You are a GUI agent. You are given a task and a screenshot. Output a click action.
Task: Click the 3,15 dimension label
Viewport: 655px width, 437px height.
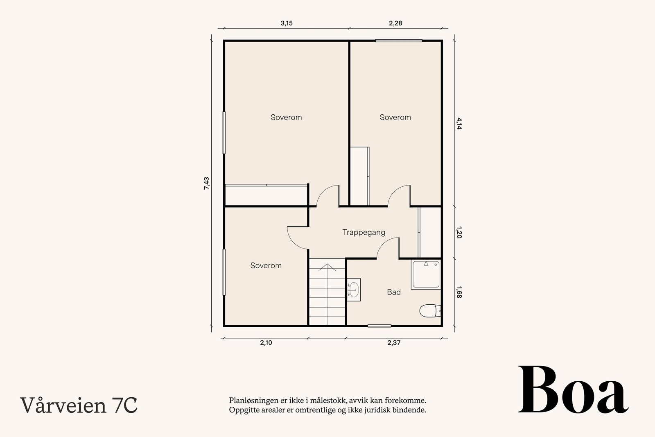(287, 23)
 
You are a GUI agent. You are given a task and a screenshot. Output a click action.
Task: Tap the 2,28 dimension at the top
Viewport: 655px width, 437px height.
(395, 23)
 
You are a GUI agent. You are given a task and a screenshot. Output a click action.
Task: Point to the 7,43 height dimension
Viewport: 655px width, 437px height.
(206, 183)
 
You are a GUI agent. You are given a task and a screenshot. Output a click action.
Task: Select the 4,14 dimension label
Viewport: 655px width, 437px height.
(459, 123)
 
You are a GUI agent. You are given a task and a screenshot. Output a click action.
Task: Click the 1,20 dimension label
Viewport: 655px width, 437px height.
(459, 232)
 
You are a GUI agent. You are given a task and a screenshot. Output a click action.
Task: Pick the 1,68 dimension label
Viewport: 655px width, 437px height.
(459, 292)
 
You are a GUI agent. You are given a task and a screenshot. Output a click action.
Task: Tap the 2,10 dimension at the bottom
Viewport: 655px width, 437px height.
(266, 342)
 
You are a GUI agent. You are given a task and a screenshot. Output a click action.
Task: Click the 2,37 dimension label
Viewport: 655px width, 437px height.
(394, 342)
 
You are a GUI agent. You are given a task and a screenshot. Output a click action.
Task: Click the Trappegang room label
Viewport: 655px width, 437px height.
(364, 233)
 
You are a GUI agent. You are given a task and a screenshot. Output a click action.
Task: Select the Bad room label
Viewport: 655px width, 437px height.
(394, 292)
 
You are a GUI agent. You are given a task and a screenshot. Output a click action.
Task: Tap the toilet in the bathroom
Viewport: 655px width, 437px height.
(430, 310)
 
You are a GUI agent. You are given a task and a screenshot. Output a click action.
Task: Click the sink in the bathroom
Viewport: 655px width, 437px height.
(354, 290)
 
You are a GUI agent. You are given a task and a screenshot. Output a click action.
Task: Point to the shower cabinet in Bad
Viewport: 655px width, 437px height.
(426, 274)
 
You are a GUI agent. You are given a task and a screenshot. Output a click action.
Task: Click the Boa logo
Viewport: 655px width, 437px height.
(573, 389)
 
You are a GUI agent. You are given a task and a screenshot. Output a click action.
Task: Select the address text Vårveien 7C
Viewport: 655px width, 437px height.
(79, 405)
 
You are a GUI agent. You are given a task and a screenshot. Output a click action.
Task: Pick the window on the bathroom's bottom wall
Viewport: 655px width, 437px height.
(379, 326)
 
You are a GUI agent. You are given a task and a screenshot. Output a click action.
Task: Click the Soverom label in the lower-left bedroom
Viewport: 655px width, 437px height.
(266, 265)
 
